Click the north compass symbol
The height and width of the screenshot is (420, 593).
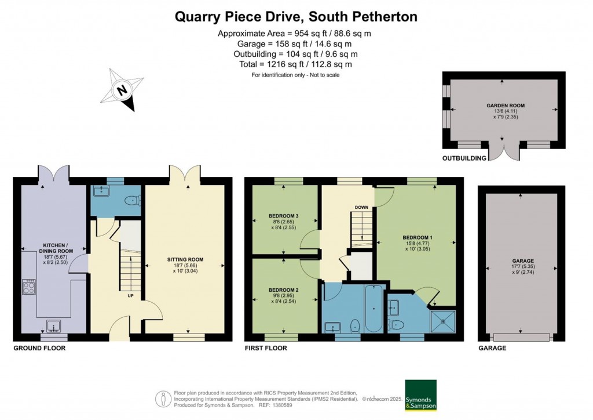(x=122, y=90)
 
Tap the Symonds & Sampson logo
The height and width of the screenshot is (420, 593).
(x=420, y=395)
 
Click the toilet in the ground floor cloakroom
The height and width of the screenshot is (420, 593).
(x=133, y=201)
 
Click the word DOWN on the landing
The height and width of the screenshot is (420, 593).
(x=362, y=207)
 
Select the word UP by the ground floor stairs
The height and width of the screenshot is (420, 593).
(x=130, y=295)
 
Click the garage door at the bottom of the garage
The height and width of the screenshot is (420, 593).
(x=521, y=337)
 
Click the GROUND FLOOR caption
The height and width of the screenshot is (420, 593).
(x=39, y=348)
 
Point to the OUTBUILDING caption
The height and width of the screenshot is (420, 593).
(x=464, y=158)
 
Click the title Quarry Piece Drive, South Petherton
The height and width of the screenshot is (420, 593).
(x=296, y=17)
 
